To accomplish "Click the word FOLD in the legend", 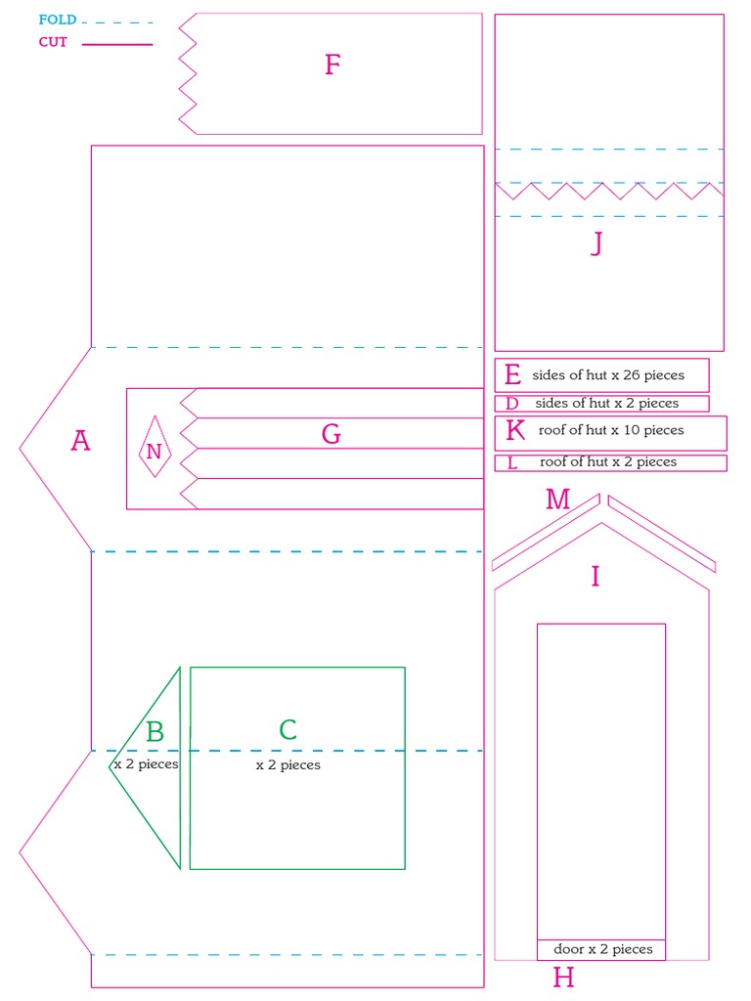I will tap(58, 20).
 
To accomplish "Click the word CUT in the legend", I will tap(53, 42).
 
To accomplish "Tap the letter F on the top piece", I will tap(332, 65).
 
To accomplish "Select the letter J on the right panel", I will tap(596, 242).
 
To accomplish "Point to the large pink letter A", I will tap(80, 441).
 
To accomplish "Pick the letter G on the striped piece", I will tap(331, 434).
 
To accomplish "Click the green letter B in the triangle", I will tap(155, 731).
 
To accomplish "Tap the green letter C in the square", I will tap(287, 730).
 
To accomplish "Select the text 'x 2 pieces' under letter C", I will tap(287, 765).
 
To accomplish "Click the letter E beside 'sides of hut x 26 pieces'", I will tap(512, 374).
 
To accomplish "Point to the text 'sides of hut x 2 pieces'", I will tap(606, 403).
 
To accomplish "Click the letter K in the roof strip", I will tap(515, 430).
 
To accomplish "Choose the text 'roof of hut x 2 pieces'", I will tap(607, 462).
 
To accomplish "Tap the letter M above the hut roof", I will tap(557, 500).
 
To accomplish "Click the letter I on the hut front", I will tap(595, 577).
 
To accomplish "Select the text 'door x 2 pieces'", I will tap(602, 949).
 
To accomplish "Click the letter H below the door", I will tap(563, 978).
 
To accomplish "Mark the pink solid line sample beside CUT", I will tap(117, 44).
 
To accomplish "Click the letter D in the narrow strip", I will tap(511, 404).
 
